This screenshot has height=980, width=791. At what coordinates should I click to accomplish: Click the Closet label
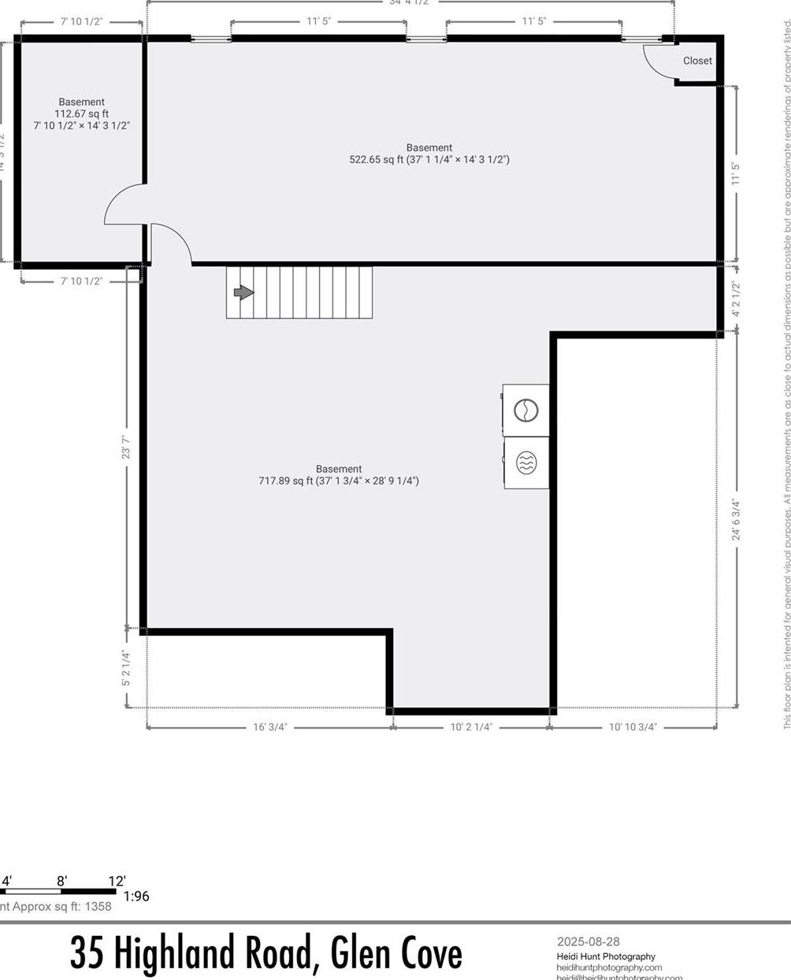pyautogui.click(x=697, y=61)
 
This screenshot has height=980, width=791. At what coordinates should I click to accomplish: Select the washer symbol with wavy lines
pyautogui.click(x=525, y=463)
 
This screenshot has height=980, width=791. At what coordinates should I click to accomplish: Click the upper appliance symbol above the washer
pyautogui.click(x=525, y=410)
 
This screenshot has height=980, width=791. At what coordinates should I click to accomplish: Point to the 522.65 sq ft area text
pyautogui.click(x=429, y=159)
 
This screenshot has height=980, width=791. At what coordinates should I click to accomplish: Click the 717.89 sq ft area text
pyautogui.click(x=339, y=481)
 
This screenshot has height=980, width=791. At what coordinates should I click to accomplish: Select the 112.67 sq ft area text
pyautogui.click(x=81, y=113)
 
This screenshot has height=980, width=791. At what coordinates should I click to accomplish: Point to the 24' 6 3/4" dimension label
pyautogui.click(x=737, y=519)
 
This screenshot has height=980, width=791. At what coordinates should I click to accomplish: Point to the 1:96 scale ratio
pyautogui.click(x=136, y=896)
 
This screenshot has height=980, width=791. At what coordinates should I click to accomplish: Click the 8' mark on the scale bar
pyautogui.click(x=61, y=881)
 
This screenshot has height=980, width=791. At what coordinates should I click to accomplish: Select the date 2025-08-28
pyautogui.click(x=589, y=941)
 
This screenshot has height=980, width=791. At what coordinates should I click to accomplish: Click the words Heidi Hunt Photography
pyautogui.click(x=606, y=956)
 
